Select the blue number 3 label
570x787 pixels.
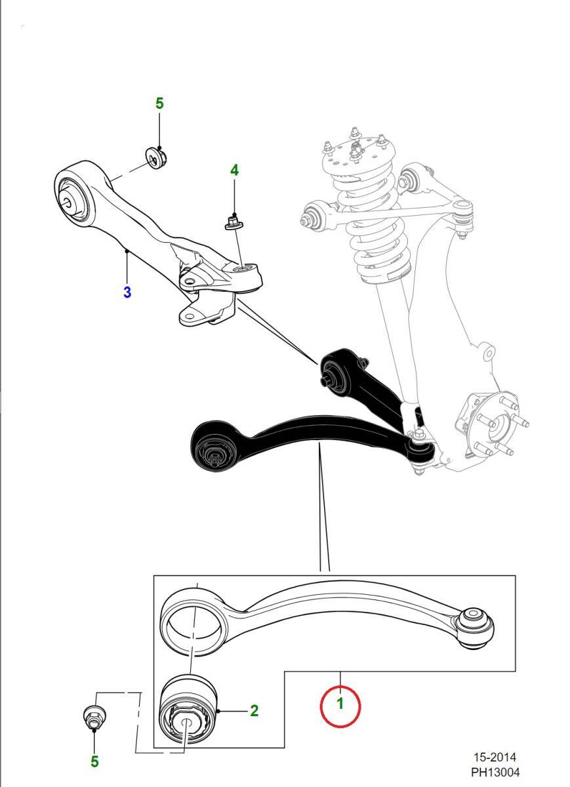pyautogui.click(x=127, y=292)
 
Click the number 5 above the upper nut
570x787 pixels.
pyautogui.click(x=159, y=104)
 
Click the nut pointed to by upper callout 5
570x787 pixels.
pyautogui.click(x=156, y=158)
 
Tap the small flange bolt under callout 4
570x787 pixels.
pyautogui.click(x=234, y=223)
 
